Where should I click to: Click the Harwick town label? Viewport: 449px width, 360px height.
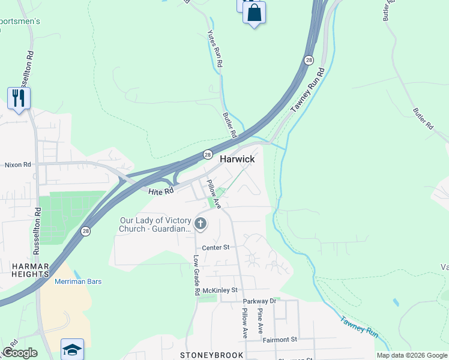(x=237, y=159)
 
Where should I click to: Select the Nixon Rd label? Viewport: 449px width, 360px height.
(x=17, y=164)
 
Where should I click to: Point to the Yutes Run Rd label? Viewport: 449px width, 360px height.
(x=215, y=49)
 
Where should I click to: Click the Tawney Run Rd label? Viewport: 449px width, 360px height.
(x=307, y=90)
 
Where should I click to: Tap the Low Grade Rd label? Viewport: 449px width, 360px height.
(x=196, y=275)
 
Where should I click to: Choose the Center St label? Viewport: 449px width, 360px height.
(x=215, y=247)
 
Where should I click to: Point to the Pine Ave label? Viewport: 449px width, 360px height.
(x=261, y=322)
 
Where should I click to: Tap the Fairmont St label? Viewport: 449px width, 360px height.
(x=280, y=340)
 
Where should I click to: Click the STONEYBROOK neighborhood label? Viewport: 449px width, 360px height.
(x=205, y=355)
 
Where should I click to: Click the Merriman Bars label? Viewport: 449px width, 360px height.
(x=78, y=281)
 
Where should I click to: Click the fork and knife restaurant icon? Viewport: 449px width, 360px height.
(x=19, y=97)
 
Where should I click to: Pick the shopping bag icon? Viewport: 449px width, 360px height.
(x=255, y=13)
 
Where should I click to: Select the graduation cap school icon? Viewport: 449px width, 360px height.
(x=72, y=349)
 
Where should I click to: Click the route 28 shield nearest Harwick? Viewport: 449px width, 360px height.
(x=207, y=154)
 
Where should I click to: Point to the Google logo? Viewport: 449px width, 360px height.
(x=20, y=353)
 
